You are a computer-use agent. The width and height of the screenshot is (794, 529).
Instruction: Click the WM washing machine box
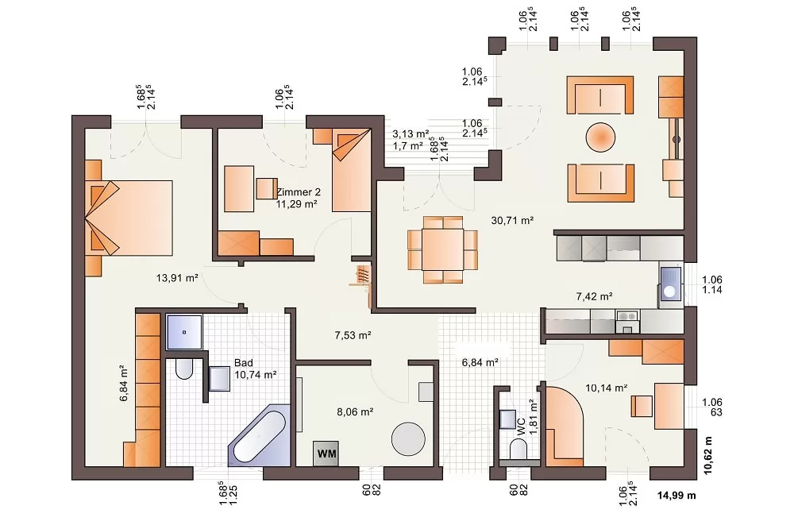[326, 453]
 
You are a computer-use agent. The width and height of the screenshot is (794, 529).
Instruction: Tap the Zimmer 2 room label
[299, 192]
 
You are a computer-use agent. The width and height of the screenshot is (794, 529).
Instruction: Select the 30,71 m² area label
[512, 221]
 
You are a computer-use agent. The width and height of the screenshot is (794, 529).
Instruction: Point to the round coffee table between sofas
[600, 137]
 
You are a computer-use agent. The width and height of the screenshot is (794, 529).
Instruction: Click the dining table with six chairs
[443, 249]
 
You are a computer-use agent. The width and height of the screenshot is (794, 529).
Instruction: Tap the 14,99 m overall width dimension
[676, 495]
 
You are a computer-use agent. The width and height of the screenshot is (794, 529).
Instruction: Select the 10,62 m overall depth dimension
[708, 456]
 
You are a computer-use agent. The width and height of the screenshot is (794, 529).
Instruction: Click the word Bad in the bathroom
[244, 363]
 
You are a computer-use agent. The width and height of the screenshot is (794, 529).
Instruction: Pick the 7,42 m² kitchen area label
[595, 296]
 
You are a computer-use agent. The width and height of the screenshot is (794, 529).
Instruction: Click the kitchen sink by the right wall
[670, 285]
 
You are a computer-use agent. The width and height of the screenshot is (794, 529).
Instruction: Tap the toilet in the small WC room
[518, 450]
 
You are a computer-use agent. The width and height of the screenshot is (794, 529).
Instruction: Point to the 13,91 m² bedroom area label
[177, 278]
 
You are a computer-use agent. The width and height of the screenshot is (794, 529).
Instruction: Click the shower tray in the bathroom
[184, 332]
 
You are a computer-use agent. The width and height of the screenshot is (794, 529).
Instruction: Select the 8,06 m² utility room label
[355, 412]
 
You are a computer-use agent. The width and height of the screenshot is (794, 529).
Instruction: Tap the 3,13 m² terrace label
[410, 133]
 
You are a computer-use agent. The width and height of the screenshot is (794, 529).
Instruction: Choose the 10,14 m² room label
[607, 388]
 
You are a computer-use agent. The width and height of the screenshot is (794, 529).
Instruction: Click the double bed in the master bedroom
[129, 218]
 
